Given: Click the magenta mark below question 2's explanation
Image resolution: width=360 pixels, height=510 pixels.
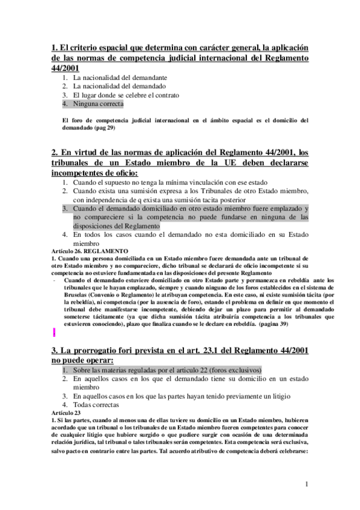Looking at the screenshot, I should (x=55, y=331).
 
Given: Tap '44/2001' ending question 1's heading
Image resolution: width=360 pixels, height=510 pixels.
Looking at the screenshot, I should (x=67, y=69).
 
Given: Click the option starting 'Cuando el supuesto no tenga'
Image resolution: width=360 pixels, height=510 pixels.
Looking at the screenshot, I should (x=169, y=182).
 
